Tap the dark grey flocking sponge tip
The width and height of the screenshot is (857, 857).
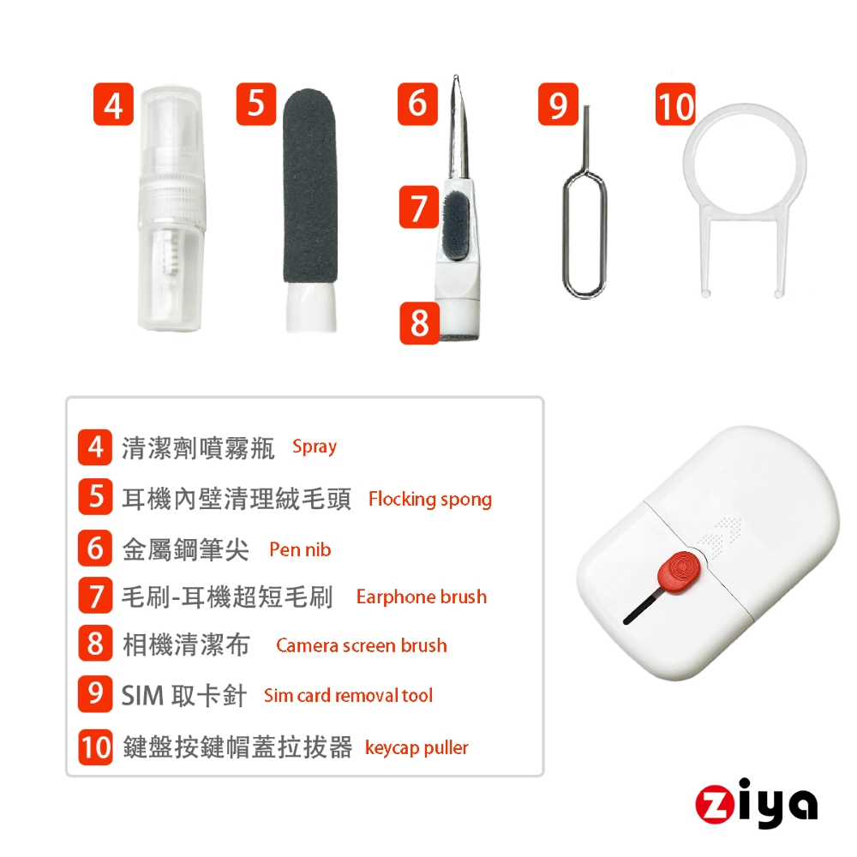(x=309, y=186)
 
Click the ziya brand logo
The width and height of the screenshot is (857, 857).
(x=757, y=804)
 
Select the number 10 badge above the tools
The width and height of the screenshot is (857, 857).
(x=675, y=105)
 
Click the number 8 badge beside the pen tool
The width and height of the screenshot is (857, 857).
(x=419, y=323)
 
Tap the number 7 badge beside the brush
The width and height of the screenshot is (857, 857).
(x=419, y=207)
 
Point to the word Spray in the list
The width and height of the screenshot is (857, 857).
(x=315, y=447)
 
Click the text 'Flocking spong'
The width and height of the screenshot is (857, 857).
(x=430, y=499)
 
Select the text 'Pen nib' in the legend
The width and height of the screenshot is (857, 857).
(x=300, y=549)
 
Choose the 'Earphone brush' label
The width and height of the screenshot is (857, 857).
(x=422, y=596)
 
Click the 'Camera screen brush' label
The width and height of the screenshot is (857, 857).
(x=362, y=645)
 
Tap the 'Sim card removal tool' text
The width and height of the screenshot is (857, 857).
(x=348, y=695)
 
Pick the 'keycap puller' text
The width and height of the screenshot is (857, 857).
(x=417, y=747)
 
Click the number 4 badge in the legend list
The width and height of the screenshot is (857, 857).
(x=95, y=447)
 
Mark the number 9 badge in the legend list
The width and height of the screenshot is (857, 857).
(x=95, y=694)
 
